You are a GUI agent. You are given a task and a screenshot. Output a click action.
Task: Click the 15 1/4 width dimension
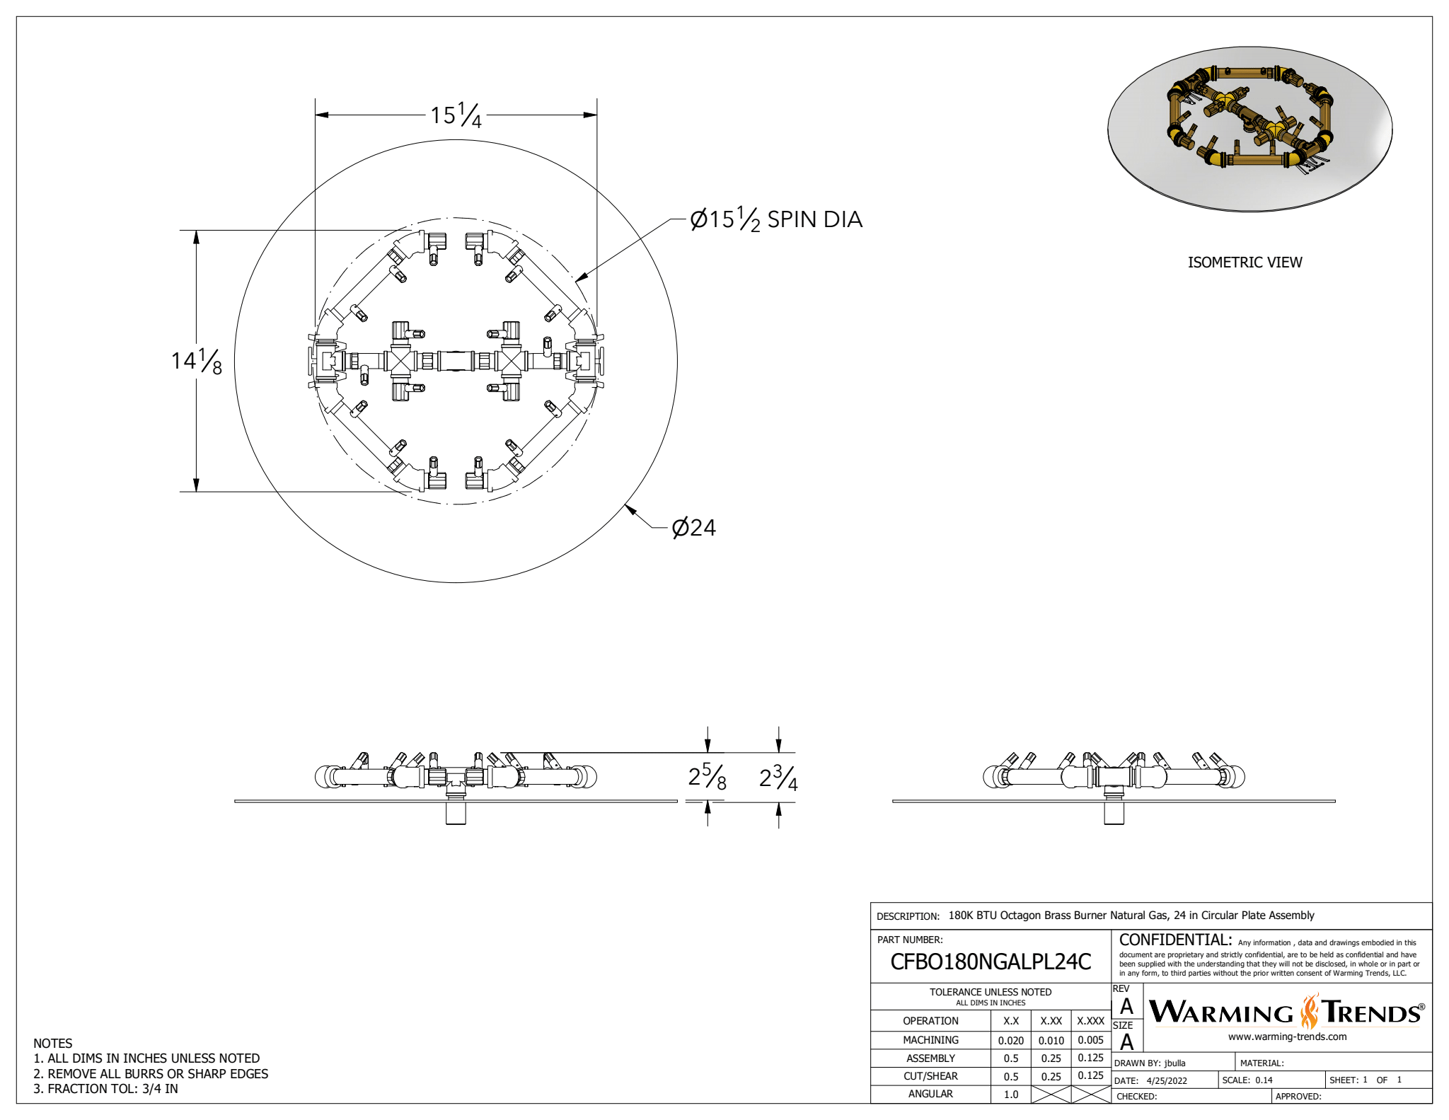click(456, 115)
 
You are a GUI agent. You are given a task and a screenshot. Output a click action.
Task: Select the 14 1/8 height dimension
click(197, 361)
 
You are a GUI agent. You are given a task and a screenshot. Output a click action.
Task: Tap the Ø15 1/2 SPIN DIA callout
click(776, 219)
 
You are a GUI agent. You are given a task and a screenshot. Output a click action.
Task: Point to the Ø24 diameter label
click(694, 528)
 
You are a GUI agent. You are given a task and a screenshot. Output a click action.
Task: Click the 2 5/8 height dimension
click(707, 778)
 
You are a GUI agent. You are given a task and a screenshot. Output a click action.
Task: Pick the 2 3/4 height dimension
click(778, 778)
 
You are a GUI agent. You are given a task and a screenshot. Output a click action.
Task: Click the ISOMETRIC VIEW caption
click(1245, 262)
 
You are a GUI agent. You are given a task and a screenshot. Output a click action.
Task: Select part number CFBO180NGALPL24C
click(991, 962)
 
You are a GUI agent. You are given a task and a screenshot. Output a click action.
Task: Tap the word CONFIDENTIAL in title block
click(1175, 940)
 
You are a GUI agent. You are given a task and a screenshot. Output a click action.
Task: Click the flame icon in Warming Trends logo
click(1310, 1012)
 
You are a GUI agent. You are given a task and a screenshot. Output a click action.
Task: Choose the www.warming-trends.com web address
click(1287, 1037)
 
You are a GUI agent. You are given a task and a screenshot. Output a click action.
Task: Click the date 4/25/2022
click(1167, 1081)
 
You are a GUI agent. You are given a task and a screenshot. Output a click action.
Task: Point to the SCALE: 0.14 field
click(1247, 1080)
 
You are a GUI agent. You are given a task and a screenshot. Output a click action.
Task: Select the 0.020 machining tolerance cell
click(1010, 1041)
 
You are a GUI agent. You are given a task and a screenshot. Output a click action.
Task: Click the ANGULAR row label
click(930, 1094)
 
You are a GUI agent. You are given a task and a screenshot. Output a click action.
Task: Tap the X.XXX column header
click(1090, 1021)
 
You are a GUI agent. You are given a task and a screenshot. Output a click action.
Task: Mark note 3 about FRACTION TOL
click(105, 1089)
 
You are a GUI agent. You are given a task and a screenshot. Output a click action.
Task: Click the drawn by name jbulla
click(1175, 1063)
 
